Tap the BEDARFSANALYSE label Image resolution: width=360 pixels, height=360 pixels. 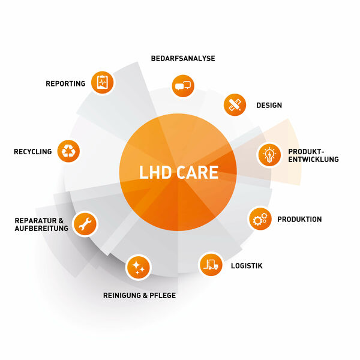(183, 58)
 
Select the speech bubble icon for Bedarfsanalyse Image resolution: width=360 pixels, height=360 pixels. (183, 85)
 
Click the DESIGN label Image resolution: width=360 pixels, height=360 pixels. (269, 106)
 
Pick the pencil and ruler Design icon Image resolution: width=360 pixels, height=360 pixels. (235, 104)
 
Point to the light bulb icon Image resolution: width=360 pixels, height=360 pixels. (268, 155)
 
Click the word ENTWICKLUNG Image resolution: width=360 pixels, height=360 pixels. (313, 160)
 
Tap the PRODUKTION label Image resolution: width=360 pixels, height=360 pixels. (299, 220)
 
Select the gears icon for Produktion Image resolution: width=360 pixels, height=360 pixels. (260, 220)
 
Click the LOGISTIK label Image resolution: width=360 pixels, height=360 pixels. (247, 265)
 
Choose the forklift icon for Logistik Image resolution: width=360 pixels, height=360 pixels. (210, 263)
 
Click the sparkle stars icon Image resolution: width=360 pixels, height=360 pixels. (138, 267)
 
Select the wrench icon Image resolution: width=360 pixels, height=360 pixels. (85, 223)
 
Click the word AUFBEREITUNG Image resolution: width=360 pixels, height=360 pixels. (39, 229)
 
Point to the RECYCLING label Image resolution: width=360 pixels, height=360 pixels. (33, 152)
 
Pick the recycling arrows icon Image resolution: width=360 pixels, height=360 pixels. (68, 151)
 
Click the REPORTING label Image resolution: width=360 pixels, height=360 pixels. (65, 83)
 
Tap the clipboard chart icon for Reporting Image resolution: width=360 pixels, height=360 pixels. (102, 82)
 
